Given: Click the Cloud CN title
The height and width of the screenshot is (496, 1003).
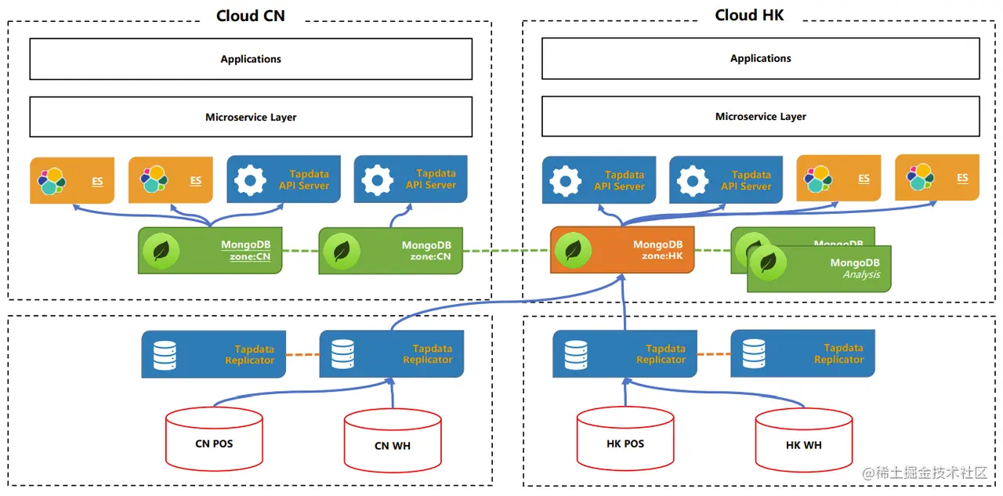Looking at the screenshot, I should tap(251, 16).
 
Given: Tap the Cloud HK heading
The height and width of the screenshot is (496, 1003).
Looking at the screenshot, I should tap(749, 15).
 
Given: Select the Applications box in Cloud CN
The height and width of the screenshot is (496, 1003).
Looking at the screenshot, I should tap(251, 60).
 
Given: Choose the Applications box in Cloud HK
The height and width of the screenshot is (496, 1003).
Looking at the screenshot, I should tap(760, 59).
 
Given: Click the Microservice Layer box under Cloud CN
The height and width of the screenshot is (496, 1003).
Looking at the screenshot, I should tap(251, 118).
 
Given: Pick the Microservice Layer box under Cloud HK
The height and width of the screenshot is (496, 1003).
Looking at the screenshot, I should tap(760, 117).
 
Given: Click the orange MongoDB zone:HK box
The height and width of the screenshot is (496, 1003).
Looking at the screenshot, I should tap(622, 250).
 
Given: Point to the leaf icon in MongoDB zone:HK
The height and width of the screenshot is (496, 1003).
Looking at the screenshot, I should tap(573, 250).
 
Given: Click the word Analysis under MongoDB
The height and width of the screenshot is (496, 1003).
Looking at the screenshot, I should tap(861, 275).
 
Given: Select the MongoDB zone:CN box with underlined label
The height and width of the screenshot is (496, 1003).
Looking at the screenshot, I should tap(209, 251).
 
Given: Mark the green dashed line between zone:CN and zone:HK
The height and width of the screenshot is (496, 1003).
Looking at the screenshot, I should tap(506, 251).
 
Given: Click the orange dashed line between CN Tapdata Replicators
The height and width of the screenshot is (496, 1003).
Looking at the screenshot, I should tap(302, 355).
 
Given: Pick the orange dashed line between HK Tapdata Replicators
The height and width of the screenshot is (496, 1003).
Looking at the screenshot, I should tap(713, 354).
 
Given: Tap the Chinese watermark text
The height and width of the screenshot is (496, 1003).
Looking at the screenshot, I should tap(929, 473).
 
